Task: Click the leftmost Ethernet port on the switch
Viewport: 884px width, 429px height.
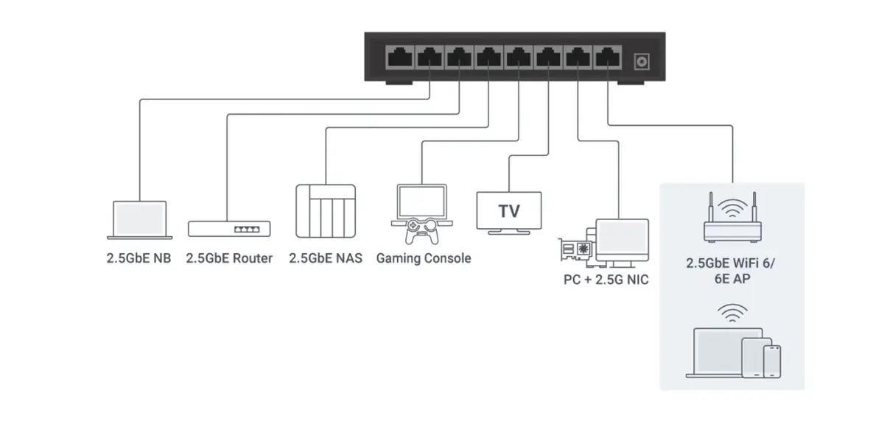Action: click(399, 57)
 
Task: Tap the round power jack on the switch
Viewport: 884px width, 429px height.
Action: click(642, 60)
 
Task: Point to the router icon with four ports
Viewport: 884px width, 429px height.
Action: click(229, 229)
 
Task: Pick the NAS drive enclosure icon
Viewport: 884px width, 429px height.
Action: click(325, 210)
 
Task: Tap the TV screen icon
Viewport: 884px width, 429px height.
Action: click(508, 212)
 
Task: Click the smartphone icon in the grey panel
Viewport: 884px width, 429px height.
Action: click(772, 361)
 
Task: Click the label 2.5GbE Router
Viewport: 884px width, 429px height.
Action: click(229, 258)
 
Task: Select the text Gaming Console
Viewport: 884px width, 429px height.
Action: click(423, 258)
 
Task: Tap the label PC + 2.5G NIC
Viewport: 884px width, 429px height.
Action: click(605, 280)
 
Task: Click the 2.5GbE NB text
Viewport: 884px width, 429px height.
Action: click(138, 258)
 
